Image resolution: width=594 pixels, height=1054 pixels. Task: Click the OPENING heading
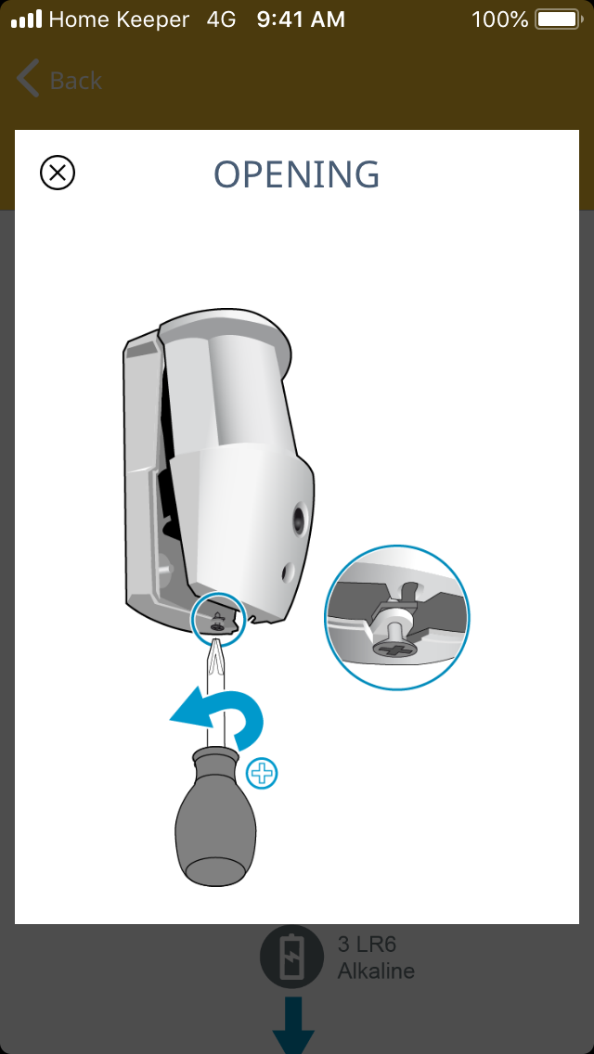[x=297, y=174]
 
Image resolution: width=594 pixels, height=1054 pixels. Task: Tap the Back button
[x=58, y=80]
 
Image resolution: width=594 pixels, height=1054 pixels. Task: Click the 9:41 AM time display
[x=301, y=19]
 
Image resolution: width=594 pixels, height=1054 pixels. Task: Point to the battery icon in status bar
[x=559, y=19]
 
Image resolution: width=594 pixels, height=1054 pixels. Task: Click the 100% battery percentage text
[x=500, y=19]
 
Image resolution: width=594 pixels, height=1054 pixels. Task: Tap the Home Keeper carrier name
[x=119, y=19]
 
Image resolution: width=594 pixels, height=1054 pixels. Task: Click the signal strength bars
[x=27, y=19]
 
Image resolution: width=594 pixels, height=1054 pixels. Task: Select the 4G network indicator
[x=221, y=19]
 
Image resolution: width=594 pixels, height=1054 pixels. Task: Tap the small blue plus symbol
[x=262, y=775]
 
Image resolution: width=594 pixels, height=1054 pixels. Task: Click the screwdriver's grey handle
[x=214, y=816]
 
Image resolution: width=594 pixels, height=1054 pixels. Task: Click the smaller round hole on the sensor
[x=288, y=572]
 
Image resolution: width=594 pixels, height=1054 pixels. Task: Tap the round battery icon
[x=292, y=958]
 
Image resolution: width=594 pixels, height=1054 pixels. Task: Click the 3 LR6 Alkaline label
[x=376, y=958]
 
